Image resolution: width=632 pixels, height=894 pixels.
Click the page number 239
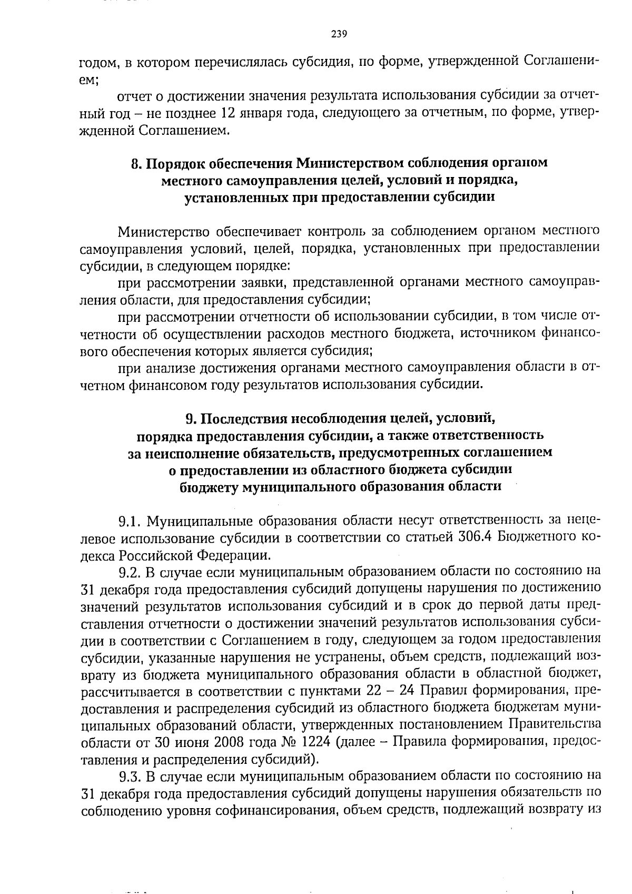(x=339, y=35)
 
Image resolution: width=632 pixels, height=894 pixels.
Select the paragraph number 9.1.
(x=130, y=522)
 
